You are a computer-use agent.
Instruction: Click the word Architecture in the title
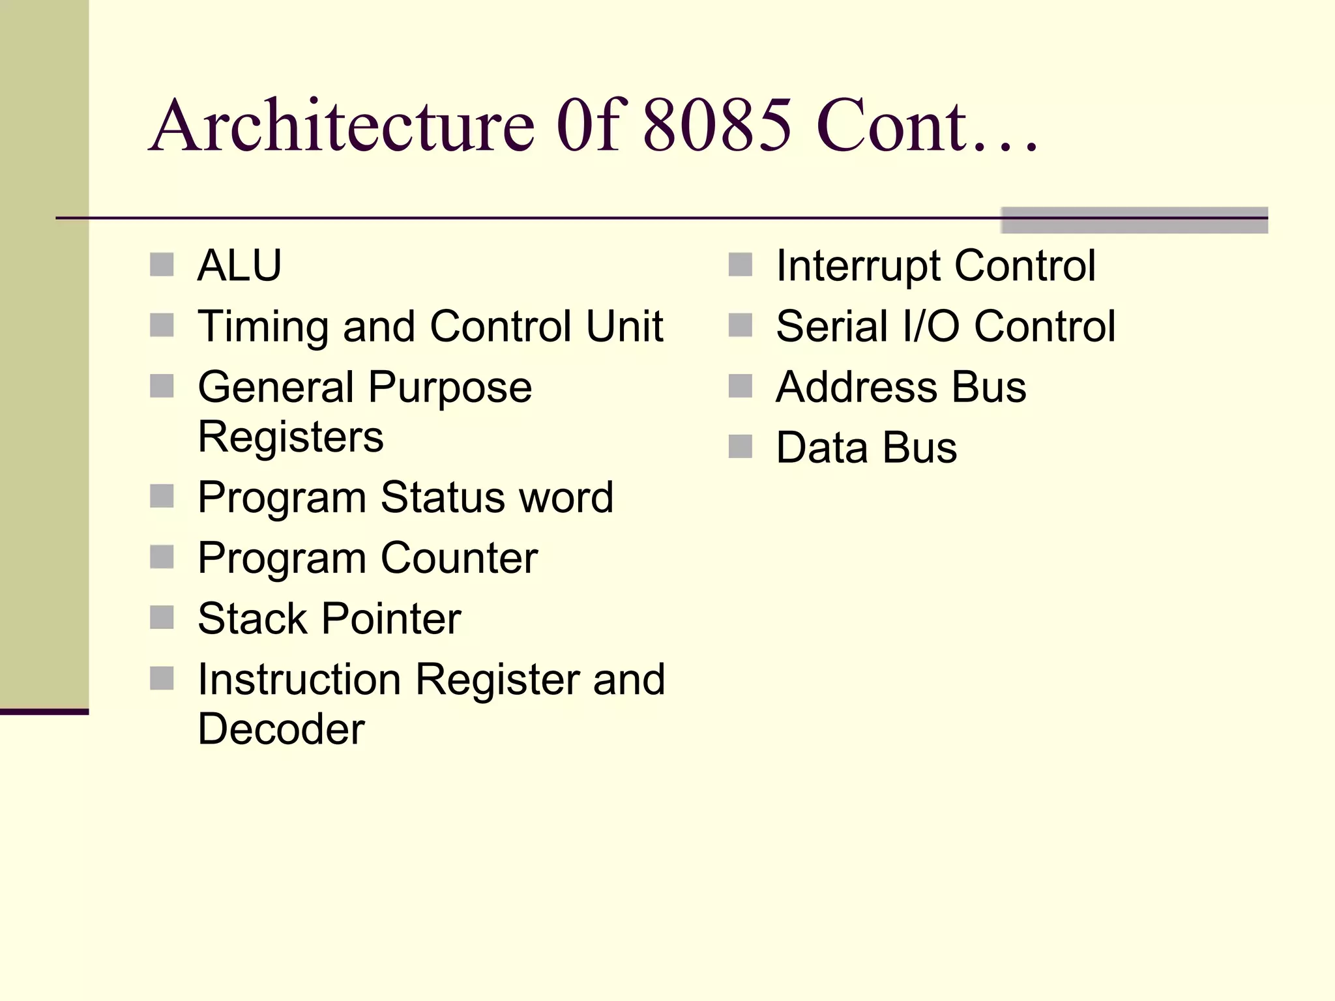point(343,125)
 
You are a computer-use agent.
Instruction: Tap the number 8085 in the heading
point(717,125)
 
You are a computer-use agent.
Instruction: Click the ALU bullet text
point(239,265)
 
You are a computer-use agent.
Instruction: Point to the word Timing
point(264,326)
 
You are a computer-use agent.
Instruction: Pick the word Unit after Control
point(624,326)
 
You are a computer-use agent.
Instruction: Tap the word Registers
point(291,437)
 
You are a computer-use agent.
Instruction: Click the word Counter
point(459,558)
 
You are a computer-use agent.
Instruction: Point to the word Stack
point(252,618)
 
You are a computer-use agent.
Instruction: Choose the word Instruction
point(299,679)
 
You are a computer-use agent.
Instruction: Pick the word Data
point(821,448)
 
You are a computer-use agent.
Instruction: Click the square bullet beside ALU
point(162,265)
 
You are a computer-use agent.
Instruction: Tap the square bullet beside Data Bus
point(741,447)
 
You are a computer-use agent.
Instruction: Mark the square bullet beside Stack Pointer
point(162,618)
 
